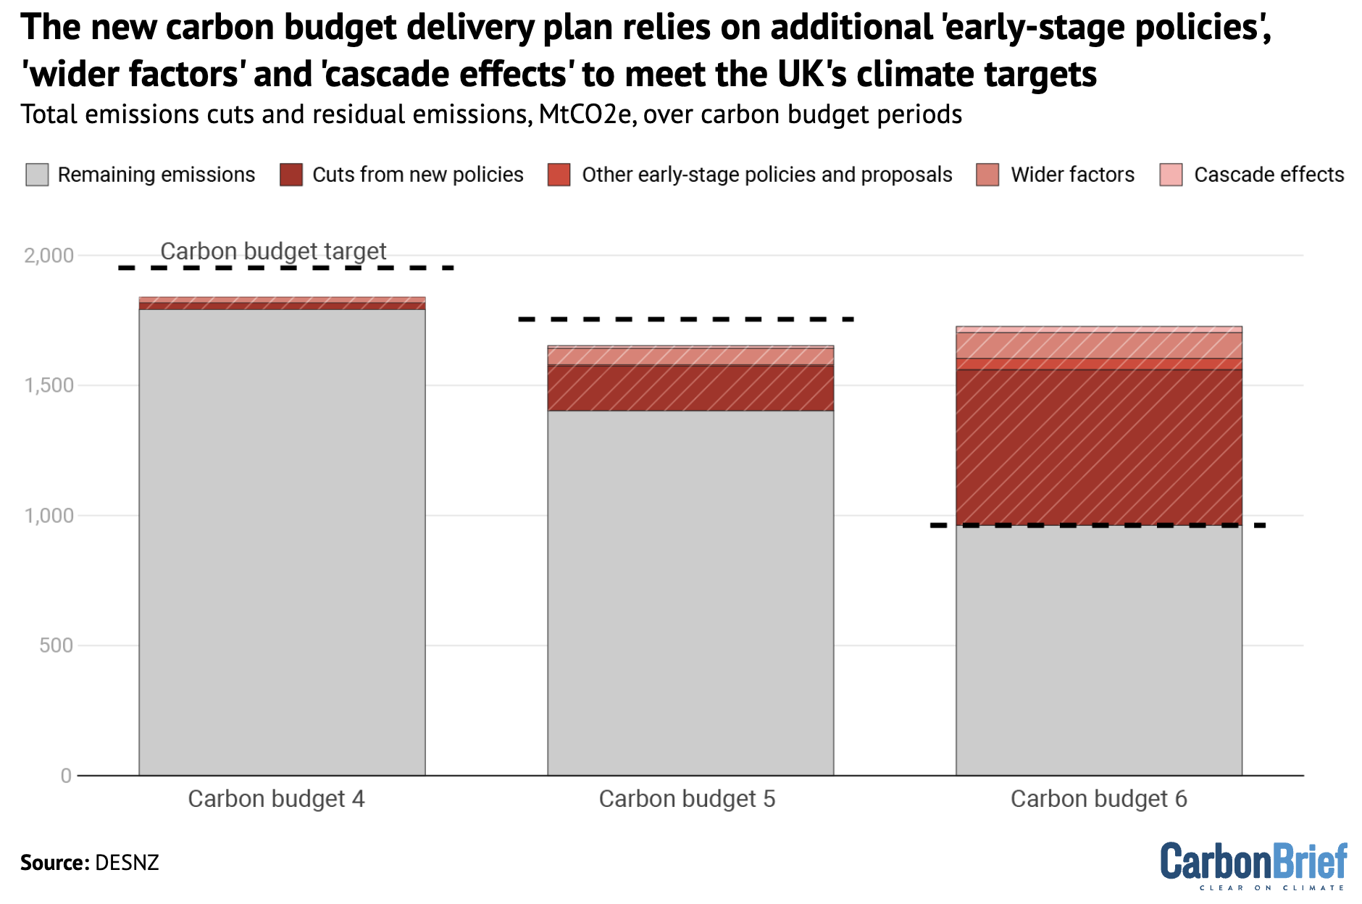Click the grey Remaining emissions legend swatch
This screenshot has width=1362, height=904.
tap(37, 175)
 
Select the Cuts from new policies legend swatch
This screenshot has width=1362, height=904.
tap(291, 175)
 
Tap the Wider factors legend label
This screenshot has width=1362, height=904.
tap(1072, 175)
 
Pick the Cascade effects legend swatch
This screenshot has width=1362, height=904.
tap(1171, 175)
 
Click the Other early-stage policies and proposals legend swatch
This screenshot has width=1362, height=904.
tap(559, 175)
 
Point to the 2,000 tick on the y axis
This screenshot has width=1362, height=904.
tap(49, 256)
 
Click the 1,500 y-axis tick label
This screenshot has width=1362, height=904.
tap(49, 385)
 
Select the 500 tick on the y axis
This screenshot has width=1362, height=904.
tap(57, 645)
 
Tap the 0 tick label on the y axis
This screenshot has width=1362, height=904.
tap(66, 776)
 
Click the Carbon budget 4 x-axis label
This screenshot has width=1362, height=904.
tap(276, 799)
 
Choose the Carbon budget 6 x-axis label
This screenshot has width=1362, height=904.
tap(1098, 799)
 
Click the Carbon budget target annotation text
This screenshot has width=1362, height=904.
tap(273, 251)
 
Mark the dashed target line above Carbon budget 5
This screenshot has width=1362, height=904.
tap(687, 319)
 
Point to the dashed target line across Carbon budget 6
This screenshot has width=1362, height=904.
tap(1098, 525)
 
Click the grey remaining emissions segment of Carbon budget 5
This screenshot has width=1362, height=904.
tap(690, 594)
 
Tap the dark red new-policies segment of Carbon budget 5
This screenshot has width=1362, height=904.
tap(690, 388)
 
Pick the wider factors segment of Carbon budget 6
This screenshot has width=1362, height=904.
tap(1098, 346)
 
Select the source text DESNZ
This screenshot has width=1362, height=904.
tap(127, 863)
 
